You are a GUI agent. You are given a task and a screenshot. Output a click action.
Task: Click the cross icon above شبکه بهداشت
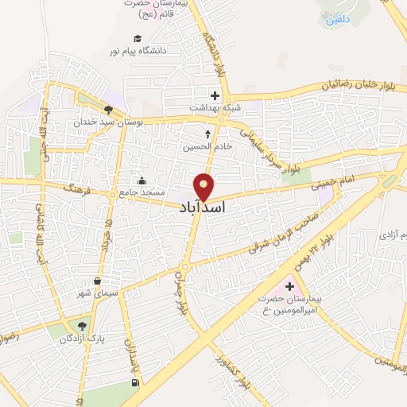[215, 95]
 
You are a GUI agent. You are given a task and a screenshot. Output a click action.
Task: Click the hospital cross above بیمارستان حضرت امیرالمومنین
[289, 285]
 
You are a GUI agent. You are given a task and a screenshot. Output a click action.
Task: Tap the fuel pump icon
[134, 384]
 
